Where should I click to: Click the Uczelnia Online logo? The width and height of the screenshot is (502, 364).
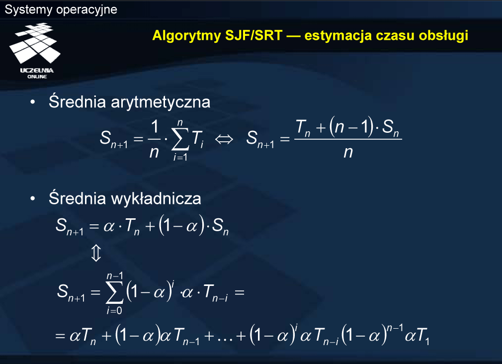pos(35,51)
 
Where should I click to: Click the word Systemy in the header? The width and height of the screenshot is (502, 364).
pos(28,10)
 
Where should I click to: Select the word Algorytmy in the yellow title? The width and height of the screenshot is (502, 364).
pos(187,36)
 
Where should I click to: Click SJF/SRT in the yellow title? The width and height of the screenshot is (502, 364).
pos(254,35)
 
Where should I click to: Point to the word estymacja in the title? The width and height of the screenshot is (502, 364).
pos(338,36)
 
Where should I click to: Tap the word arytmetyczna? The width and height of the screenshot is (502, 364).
pos(161,102)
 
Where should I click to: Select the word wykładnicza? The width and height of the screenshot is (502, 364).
pos(156,198)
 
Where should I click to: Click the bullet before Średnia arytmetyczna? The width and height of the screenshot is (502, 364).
pos(33,102)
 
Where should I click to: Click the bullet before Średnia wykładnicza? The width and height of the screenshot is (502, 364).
pos(33,199)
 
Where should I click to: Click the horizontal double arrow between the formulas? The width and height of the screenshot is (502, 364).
pos(224,139)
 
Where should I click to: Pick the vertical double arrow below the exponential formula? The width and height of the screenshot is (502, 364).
pos(96,253)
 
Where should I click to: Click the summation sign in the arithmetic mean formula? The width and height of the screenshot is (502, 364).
pos(180,139)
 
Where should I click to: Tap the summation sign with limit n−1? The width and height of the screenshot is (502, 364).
pos(114,292)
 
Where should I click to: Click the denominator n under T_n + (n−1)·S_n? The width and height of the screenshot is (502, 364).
pos(348,152)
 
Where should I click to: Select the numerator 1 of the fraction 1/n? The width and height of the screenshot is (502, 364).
pos(155,127)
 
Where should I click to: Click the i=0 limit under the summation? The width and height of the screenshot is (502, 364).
pos(114,310)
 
